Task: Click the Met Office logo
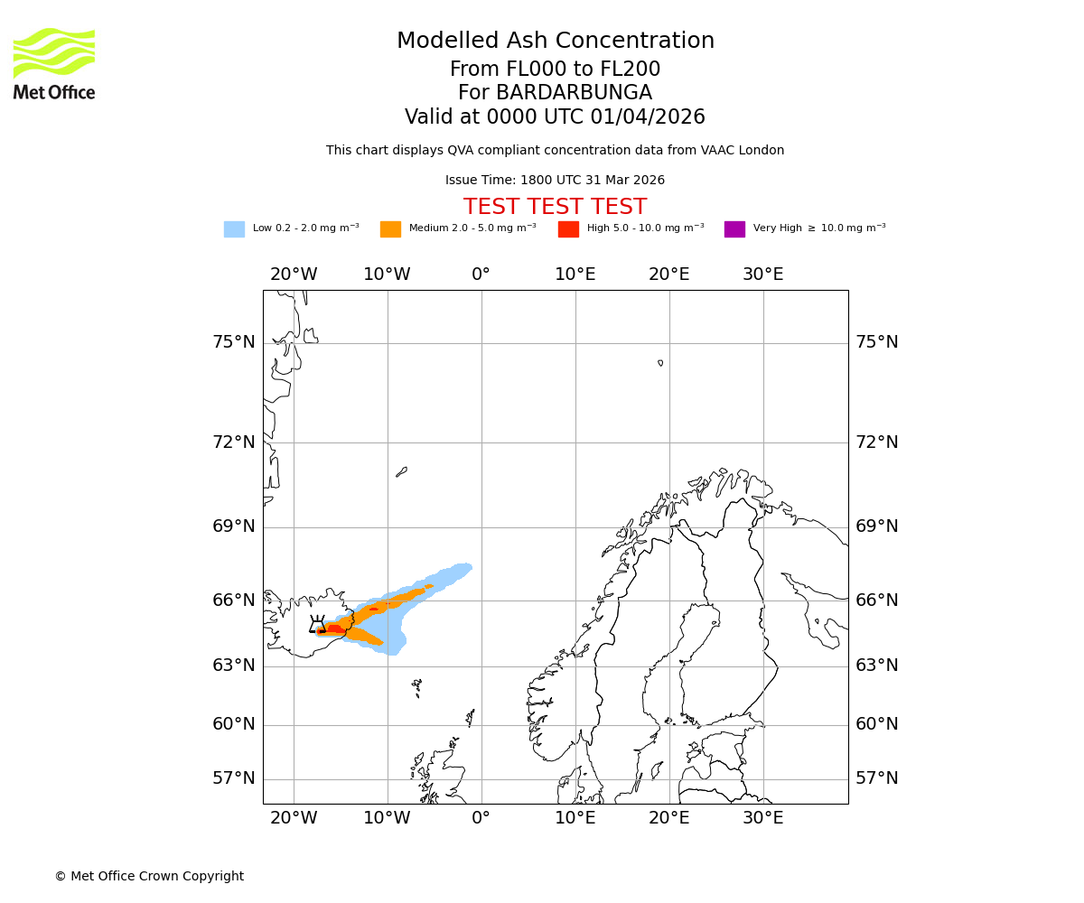click(x=54, y=63)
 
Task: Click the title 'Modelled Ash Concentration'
click(x=556, y=41)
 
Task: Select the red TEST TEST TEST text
click(x=555, y=207)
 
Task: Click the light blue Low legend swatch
click(x=234, y=228)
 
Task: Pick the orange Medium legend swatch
click(x=390, y=228)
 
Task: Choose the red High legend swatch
click(x=568, y=228)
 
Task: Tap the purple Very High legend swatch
click(x=734, y=228)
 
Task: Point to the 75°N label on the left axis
click(x=234, y=342)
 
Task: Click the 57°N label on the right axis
click(x=877, y=778)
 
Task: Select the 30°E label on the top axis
click(x=762, y=275)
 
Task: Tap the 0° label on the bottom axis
click(x=481, y=818)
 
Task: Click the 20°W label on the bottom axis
click(x=294, y=818)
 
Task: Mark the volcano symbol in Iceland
click(x=317, y=624)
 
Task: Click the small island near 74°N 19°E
click(x=660, y=363)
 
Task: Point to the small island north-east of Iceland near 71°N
click(x=401, y=471)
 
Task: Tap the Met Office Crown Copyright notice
click(x=149, y=876)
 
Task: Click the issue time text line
click(x=555, y=180)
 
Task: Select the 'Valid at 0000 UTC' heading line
click(x=555, y=117)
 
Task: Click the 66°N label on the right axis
click(x=877, y=600)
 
